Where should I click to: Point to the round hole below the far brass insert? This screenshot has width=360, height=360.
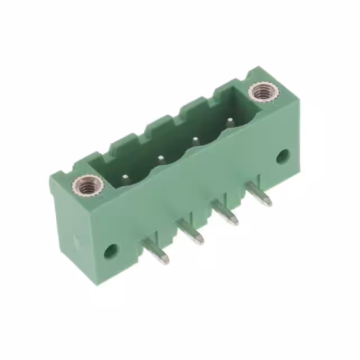[282, 156]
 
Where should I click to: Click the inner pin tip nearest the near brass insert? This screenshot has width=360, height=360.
[125, 179]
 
